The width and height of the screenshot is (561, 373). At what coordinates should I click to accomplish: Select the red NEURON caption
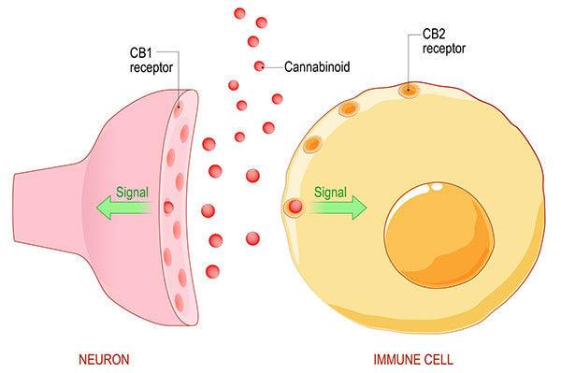pyautogui.click(x=105, y=358)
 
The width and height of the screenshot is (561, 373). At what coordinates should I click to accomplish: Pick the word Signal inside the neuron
pyautogui.click(x=132, y=194)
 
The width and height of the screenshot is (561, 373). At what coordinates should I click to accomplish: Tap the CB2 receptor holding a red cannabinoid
pyautogui.click(x=295, y=208)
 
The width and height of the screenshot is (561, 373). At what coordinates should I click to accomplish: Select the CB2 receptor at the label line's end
pyautogui.click(x=409, y=91)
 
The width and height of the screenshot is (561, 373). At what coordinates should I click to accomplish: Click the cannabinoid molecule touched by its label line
pyautogui.click(x=259, y=66)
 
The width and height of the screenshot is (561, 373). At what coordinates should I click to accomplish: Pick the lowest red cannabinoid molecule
pyautogui.click(x=212, y=272)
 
